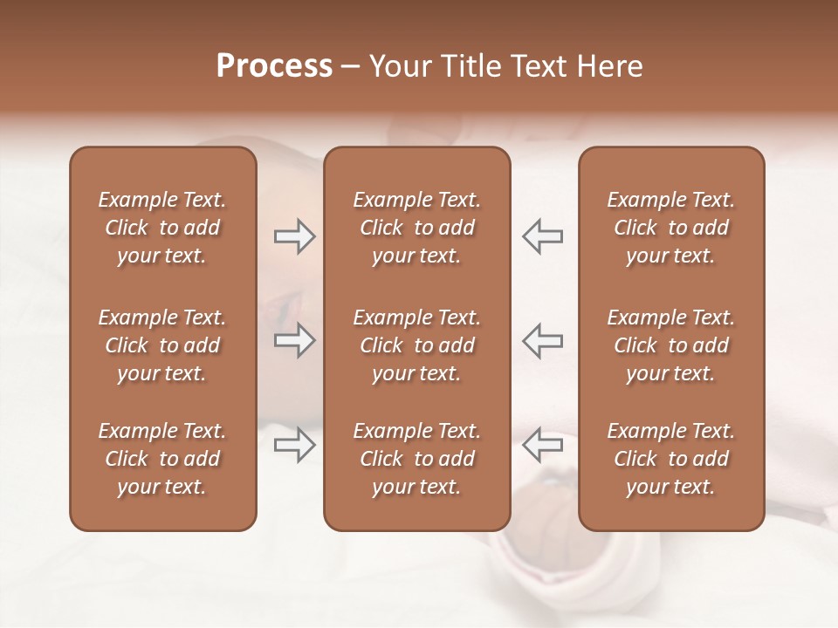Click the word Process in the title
pos(274,66)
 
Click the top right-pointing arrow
pos(294,236)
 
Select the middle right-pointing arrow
pos(294,340)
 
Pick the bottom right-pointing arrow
pos(294,445)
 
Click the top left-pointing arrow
pos(543,236)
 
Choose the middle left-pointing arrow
pos(543,340)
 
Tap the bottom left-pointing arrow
pos(543,445)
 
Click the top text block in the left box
pos(162,228)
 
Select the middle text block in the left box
pos(162,345)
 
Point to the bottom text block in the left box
pos(162,459)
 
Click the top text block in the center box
pos(416,228)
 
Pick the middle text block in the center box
pos(416,345)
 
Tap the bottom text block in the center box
pos(416,459)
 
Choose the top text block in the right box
pos(671,228)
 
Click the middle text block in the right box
pos(671,345)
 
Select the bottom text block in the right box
pos(671,459)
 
